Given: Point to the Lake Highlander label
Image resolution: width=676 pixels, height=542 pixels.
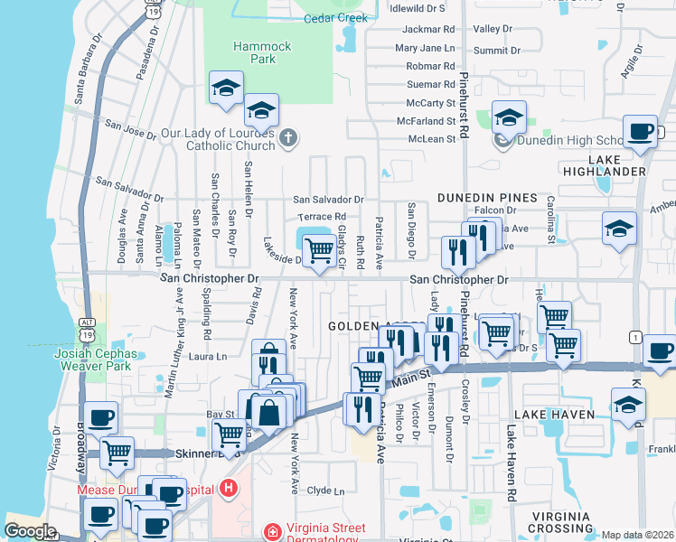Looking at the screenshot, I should tap(616, 165).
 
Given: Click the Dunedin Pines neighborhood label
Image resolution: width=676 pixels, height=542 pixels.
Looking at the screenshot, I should tap(487, 197).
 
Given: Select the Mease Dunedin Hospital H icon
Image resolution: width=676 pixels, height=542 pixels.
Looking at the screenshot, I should tap(229, 489).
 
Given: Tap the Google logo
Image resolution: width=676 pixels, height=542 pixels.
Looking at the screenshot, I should tap(30, 531).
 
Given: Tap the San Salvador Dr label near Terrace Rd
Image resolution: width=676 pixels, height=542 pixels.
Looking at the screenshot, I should tap(328, 200).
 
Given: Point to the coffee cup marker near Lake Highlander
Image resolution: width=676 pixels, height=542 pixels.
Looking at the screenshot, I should tap(641, 132).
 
